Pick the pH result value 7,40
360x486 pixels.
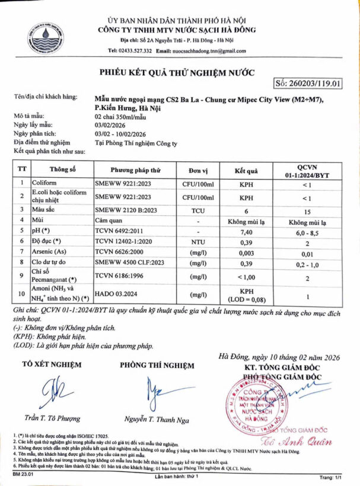[x=246, y=232]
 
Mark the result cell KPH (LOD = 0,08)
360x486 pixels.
[x=246, y=295]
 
